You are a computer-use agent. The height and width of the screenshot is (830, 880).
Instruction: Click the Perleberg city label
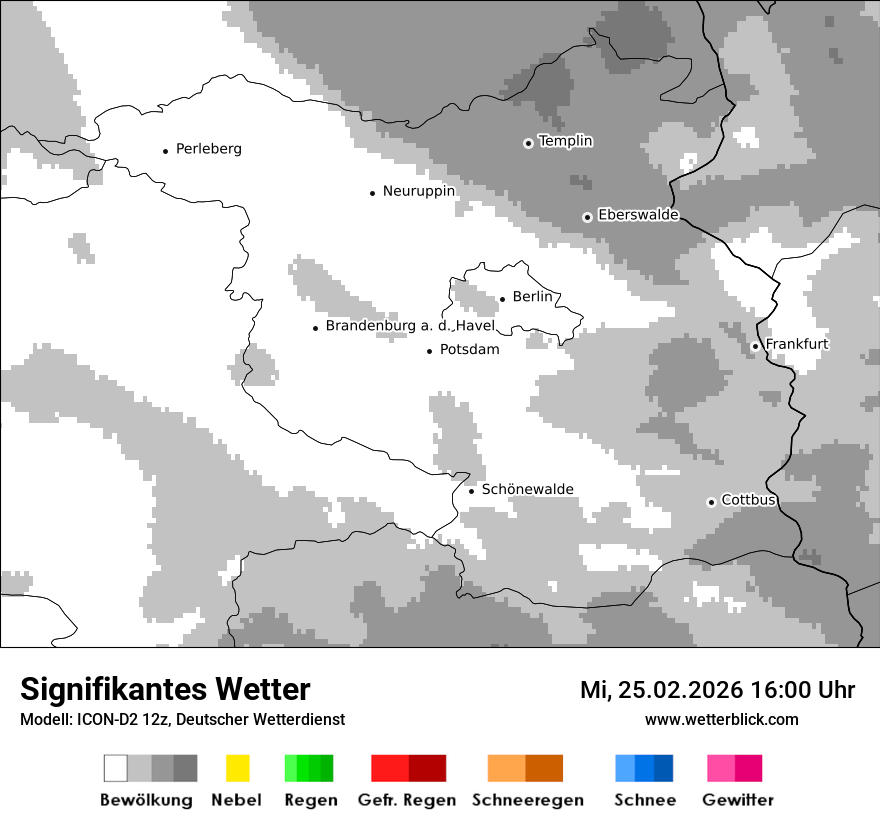[x=208, y=149]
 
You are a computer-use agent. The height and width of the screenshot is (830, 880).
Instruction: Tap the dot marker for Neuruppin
[x=372, y=192]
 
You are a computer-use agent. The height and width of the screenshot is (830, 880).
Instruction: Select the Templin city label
[x=565, y=141]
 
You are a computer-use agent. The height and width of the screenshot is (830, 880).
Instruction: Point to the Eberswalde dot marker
[x=587, y=217]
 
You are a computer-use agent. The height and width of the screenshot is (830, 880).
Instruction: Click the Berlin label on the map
[x=532, y=297]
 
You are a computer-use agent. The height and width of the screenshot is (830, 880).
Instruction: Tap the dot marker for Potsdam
[x=429, y=351]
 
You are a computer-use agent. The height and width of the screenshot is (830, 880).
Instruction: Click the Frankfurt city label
[x=797, y=344]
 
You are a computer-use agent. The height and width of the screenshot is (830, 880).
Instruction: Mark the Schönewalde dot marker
[x=471, y=490]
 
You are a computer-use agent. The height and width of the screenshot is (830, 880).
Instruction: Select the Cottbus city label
[x=749, y=500]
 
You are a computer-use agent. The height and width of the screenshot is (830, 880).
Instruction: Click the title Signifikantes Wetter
[x=165, y=689]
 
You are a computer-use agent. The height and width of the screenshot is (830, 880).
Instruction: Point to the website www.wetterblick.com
[x=721, y=719]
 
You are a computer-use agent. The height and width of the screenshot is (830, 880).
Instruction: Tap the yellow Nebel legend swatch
[x=237, y=768]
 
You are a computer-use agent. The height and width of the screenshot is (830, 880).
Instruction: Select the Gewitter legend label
[x=737, y=800]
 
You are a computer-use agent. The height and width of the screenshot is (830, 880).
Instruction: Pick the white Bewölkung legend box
[x=116, y=768]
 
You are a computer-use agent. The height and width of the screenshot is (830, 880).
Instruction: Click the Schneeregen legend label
[x=527, y=800]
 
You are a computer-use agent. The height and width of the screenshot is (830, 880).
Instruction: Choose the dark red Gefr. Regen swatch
[x=427, y=768]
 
